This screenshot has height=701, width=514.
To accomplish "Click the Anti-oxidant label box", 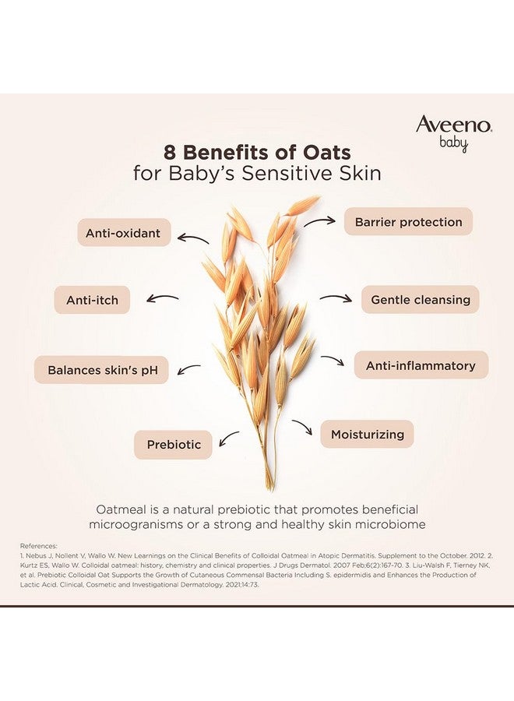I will [123, 233].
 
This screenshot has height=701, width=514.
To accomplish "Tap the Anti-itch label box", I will [92, 299].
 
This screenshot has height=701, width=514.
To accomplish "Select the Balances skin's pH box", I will [102, 370].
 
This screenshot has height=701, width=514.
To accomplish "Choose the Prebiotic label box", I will [174, 445].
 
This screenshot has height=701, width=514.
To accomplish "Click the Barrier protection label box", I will [408, 222].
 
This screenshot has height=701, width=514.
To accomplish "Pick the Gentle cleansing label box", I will [420, 299].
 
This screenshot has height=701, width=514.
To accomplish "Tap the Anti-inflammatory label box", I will [421, 365].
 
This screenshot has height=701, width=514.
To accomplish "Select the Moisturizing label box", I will [367, 434].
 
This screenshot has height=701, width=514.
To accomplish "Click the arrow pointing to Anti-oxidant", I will [193, 238].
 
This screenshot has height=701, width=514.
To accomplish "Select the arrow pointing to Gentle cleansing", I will [336, 298].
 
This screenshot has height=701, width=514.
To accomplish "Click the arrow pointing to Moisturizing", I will [302, 427].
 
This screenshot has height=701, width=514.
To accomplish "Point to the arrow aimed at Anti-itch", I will [162, 298].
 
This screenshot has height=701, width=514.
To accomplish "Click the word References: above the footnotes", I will [39, 547].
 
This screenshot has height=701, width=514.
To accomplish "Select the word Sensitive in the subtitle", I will [292, 172].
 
